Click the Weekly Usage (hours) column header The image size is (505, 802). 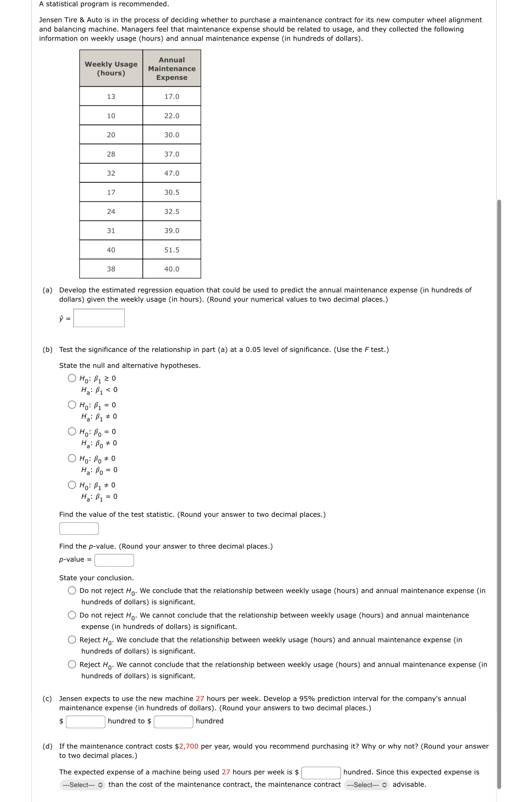point(111,68)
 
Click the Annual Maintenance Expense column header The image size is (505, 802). point(171,68)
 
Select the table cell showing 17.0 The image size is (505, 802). point(171,96)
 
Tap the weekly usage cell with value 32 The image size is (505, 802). point(111,173)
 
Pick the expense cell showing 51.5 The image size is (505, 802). point(171,250)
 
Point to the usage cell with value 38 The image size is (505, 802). point(111,269)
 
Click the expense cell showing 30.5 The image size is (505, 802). point(171,192)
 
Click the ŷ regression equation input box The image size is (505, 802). point(99,318)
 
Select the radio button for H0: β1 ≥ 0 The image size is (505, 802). point(72,378)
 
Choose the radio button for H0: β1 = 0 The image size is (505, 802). point(72,405)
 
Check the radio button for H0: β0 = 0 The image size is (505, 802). point(72,432)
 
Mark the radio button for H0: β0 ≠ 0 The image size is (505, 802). point(72,458)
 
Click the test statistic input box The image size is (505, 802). point(79,528)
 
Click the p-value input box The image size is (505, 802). point(114,560)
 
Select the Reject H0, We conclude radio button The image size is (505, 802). point(72,640)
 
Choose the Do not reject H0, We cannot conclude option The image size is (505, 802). point(72,615)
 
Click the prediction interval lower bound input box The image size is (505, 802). point(85,722)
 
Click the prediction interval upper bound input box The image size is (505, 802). point(174,722)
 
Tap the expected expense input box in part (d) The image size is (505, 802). point(321,773)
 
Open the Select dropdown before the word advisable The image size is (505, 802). point(367,785)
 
